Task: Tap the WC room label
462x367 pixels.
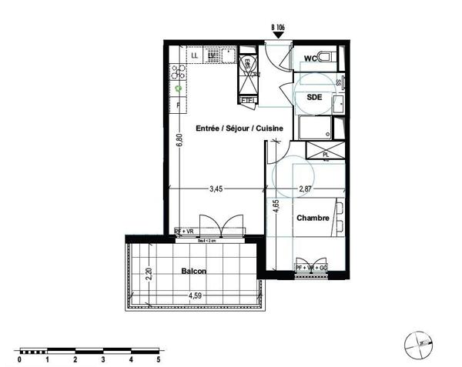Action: [x=313, y=58]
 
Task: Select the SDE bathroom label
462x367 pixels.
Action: [x=314, y=98]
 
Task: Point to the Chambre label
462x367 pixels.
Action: [x=313, y=219]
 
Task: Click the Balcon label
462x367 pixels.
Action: [x=195, y=272]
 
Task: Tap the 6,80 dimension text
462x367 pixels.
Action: [x=179, y=142]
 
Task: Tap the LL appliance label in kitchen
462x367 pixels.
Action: [x=194, y=55]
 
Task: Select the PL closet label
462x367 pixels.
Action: [x=326, y=154]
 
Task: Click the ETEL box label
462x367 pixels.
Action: [x=247, y=100]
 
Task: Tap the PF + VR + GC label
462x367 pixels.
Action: [x=312, y=268]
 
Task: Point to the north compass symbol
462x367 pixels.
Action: [x=417, y=344]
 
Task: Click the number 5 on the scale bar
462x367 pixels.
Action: [x=158, y=359]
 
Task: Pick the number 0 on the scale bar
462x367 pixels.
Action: [x=19, y=359]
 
